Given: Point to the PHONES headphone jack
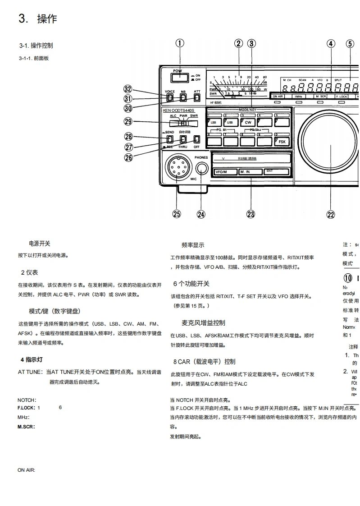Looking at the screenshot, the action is click(x=201, y=169).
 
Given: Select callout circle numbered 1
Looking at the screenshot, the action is click(x=180, y=43).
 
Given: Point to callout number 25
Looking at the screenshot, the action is click(x=177, y=214).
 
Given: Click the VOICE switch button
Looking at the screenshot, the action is click(x=169, y=97).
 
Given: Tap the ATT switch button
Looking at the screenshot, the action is click(x=197, y=97).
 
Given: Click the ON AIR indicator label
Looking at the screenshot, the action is click(x=278, y=97).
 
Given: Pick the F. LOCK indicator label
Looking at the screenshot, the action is click(x=341, y=97).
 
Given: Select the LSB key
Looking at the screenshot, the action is click(x=213, y=122).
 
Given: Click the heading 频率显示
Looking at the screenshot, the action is click(x=193, y=245).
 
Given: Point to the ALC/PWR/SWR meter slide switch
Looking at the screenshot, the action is click(x=183, y=123).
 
